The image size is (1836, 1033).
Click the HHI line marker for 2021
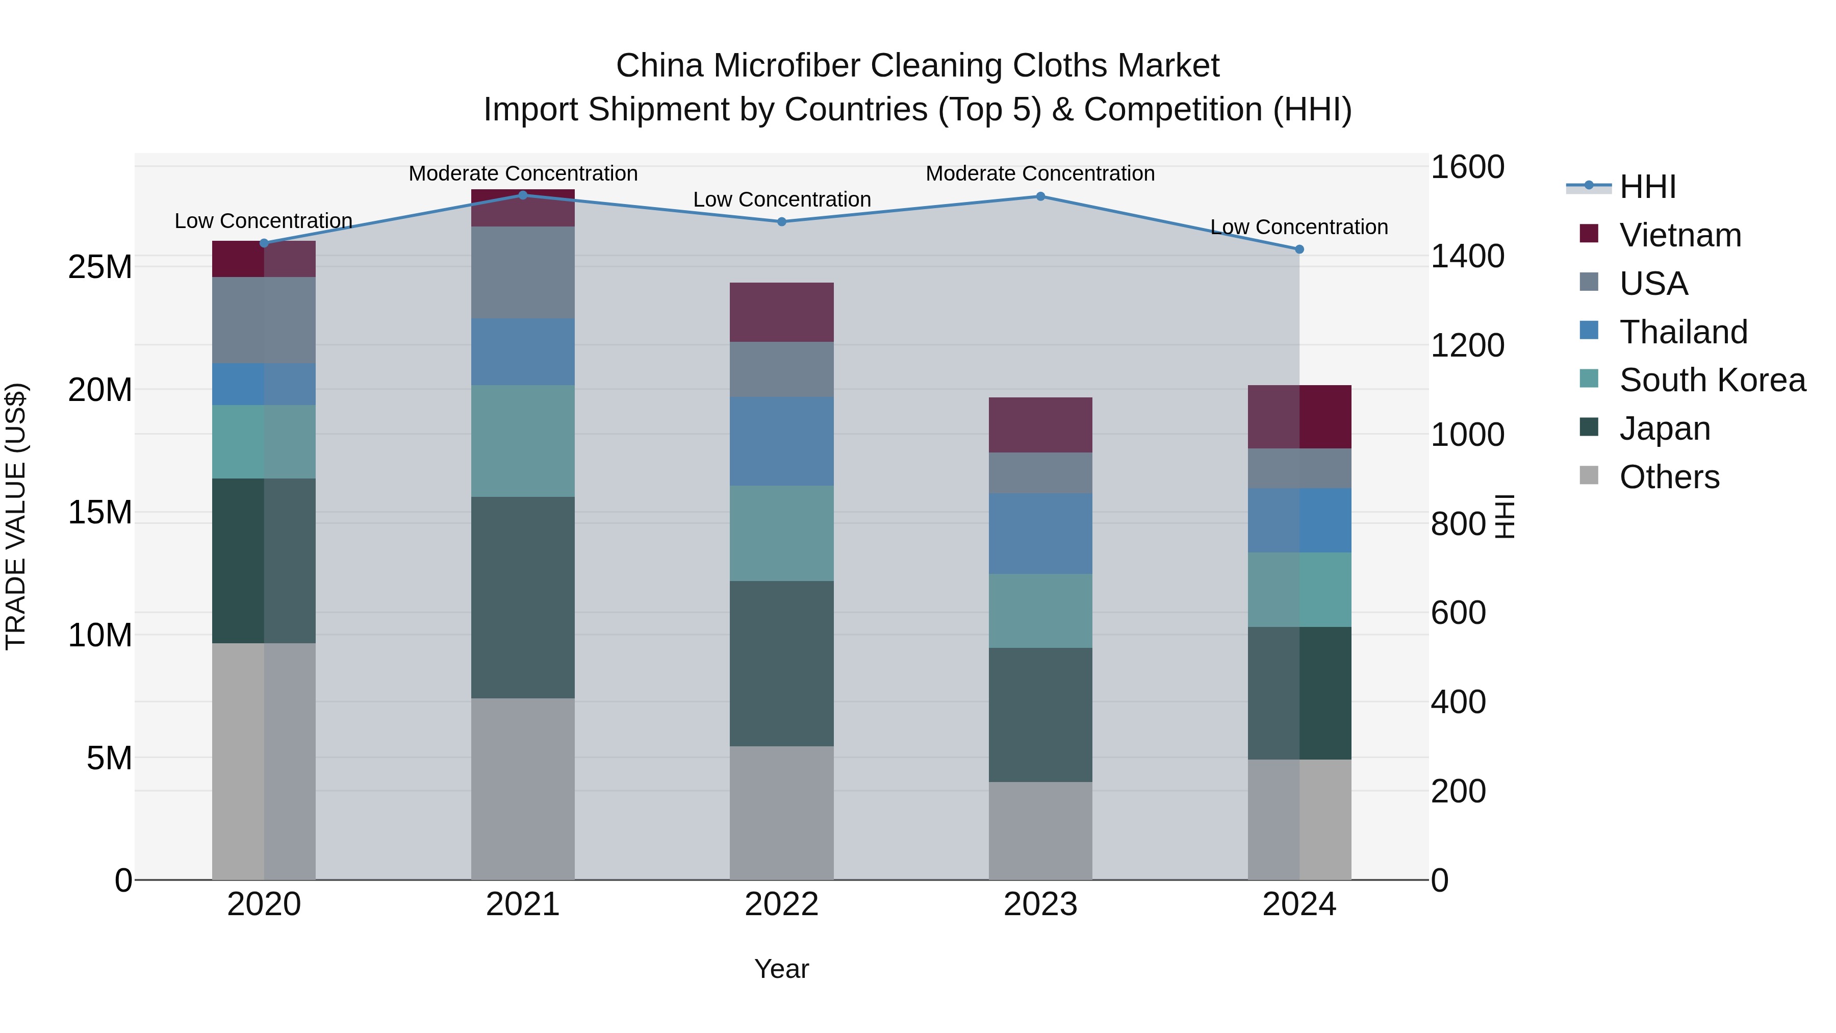[522, 195]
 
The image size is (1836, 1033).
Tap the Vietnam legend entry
[1679, 235]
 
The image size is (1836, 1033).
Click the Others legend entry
[1669, 477]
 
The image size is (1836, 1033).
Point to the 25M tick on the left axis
[100, 267]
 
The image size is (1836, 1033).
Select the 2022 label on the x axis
[781, 904]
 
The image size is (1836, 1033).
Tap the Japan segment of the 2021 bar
[522, 597]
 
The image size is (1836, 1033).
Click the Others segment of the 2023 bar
[1040, 830]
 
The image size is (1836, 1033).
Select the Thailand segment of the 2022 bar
[781, 441]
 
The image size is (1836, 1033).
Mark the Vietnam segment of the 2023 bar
[1040, 425]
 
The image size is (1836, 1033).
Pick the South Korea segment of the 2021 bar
[522, 441]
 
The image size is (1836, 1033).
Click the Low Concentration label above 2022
[781, 199]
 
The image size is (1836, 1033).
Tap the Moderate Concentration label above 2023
[1040, 173]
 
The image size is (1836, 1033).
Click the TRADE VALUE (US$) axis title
[16, 516]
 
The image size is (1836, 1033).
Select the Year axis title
[781, 969]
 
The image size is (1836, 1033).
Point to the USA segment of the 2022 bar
[781, 369]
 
